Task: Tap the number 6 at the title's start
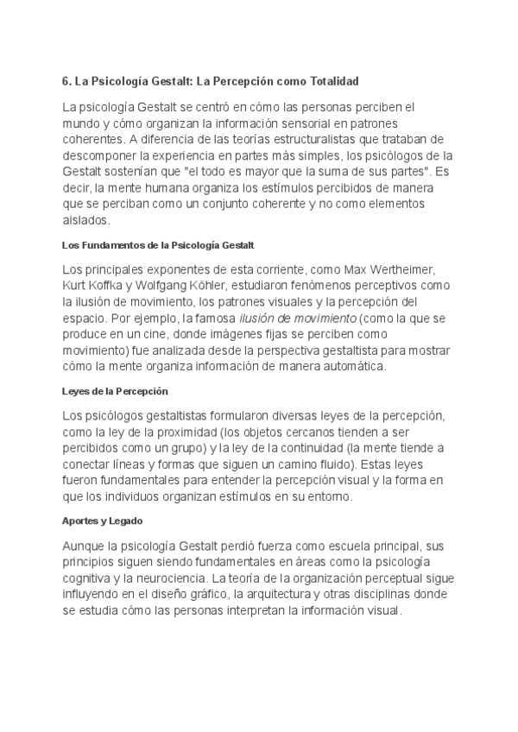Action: (66, 81)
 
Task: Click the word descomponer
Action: (100, 155)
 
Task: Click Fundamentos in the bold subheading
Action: (111, 245)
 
